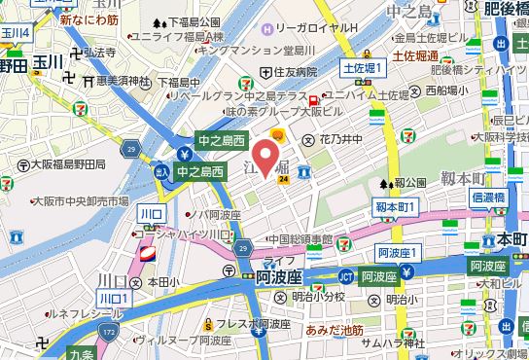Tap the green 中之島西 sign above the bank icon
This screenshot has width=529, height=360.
click(x=222, y=139)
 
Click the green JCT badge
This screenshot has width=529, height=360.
click(x=344, y=275)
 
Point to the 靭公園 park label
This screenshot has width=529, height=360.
click(x=411, y=182)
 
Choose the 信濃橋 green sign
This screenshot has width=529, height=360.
click(x=487, y=197)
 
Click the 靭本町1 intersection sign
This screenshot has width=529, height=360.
click(x=396, y=207)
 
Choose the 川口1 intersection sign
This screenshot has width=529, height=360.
click(x=113, y=296)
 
